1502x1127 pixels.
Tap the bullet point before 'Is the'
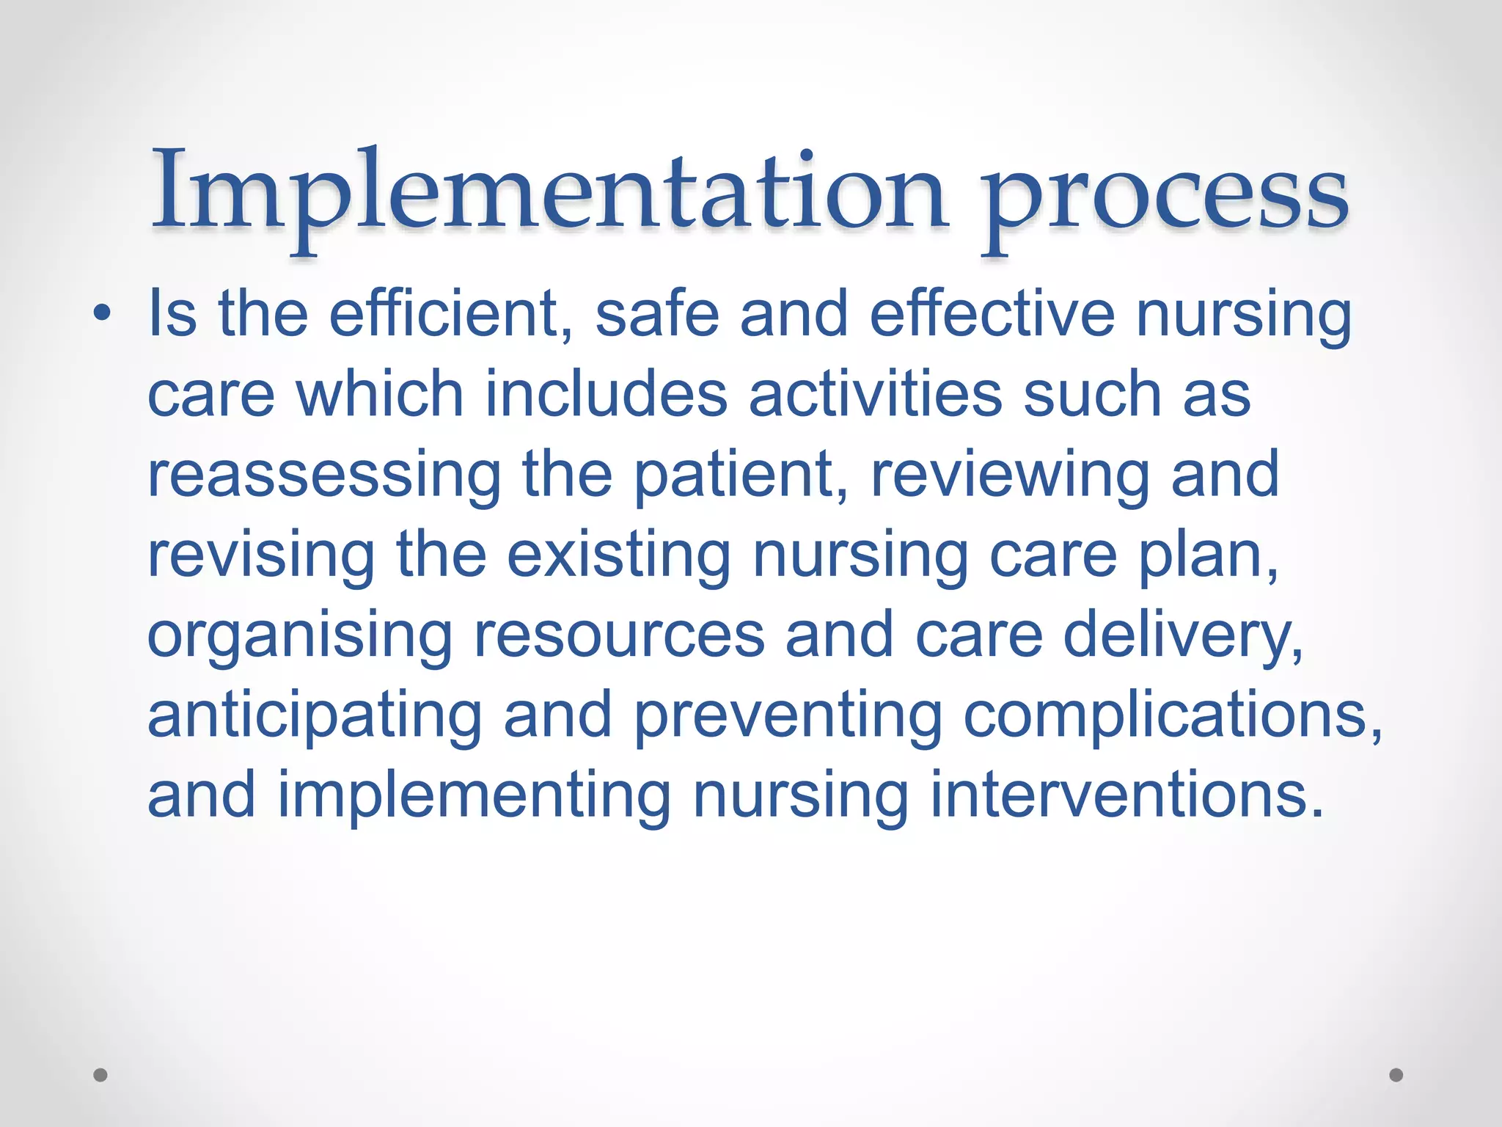(102, 314)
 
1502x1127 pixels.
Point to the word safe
(657, 314)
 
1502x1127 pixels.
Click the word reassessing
(323, 475)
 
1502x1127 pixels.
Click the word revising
(261, 555)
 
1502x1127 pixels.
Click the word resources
(619, 635)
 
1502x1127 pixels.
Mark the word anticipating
(315, 716)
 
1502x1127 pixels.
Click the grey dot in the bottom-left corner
(100, 1075)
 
